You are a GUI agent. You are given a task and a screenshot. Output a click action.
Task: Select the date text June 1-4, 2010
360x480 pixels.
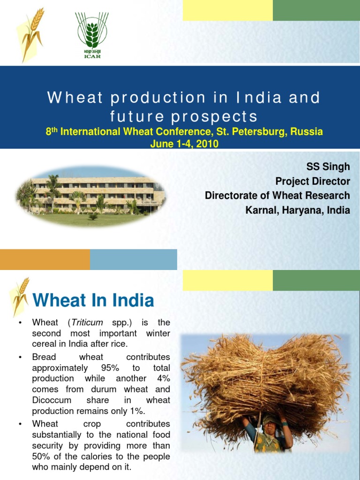pos(184,144)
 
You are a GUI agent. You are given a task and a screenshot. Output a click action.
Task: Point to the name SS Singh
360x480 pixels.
pos(328,167)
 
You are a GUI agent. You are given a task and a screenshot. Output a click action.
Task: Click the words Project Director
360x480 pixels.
pos(312,181)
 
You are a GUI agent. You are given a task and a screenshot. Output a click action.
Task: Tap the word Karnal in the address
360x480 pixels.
pos(260,210)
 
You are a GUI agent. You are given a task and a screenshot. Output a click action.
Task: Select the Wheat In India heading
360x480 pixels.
pos(93,300)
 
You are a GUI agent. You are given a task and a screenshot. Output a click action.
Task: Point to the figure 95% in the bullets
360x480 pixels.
pos(110,367)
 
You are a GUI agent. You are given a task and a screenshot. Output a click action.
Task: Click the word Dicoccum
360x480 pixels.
pos(51,400)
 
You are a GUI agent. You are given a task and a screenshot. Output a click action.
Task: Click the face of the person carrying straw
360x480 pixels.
pos(271,427)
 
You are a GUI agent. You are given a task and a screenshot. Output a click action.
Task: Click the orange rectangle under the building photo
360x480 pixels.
pos(45,259)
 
